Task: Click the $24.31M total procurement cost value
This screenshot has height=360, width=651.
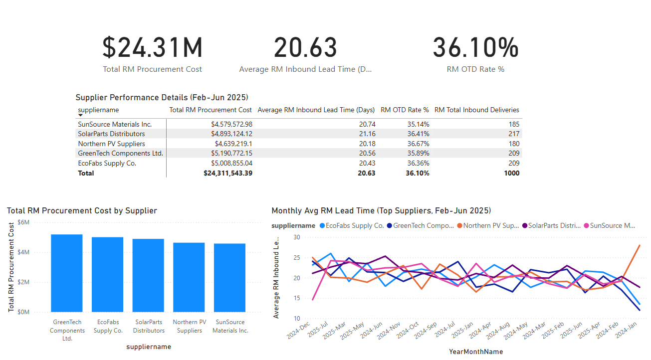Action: tap(153, 48)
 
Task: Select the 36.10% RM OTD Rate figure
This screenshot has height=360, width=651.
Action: tap(475, 48)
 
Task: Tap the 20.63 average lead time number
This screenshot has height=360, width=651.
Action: tap(305, 48)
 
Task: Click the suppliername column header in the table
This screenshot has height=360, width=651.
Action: tap(98, 110)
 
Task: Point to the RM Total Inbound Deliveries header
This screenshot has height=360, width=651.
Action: tap(476, 110)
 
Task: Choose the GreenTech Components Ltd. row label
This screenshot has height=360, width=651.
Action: tap(120, 153)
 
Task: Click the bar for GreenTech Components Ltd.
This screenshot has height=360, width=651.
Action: tap(67, 273)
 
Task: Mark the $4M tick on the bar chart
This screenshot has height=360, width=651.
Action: tap(23, 252)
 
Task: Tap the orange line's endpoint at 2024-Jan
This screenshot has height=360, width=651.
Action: tap(640, 245)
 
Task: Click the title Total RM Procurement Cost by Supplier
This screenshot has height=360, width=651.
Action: tap(82, 211)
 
